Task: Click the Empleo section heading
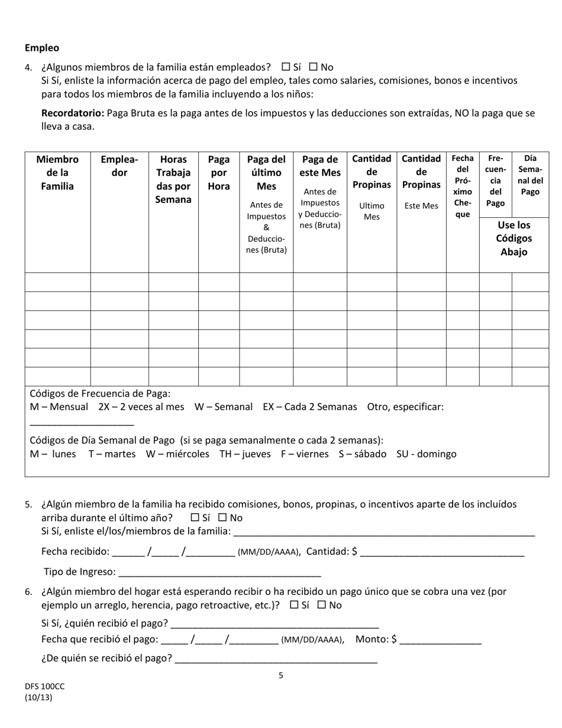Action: tap(42, 48)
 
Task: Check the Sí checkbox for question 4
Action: tap(286, 67)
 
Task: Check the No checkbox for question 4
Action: tap(314, 67)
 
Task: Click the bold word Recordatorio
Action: tap(72, 113)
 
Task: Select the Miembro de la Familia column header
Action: tap(57, 173)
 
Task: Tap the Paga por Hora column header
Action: tap(218, 173)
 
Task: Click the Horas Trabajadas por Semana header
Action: tap(173, 179)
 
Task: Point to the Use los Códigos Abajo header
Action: tap(513, 239)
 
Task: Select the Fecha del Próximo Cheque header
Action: tap(462, 186)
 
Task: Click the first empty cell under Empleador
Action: tap(119, 282)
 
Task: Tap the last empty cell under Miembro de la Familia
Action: tap(57, 376)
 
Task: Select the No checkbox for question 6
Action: tap(322, 605)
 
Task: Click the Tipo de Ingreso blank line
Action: tap(219, 573)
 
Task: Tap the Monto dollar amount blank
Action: tap(441, 640)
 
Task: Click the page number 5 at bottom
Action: tap(281, 675)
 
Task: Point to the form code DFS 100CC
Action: tap(45, 686)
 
